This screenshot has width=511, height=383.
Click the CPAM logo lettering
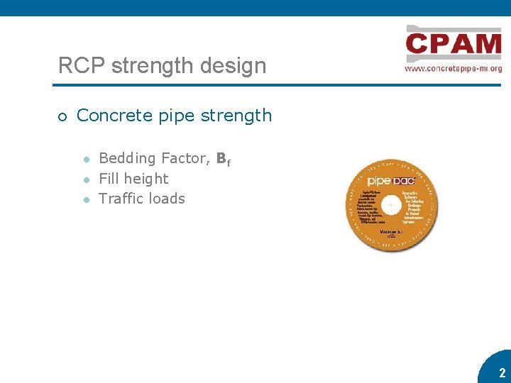coord(454,45)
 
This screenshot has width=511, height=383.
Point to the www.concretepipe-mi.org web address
coord(453,69)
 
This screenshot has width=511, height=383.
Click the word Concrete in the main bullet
coord(110,115)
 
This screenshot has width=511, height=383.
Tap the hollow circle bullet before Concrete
coord(62,116)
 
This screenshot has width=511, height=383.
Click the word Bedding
coord(128,158)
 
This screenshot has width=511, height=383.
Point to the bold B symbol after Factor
coord(221,158)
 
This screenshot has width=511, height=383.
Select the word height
coord(145,179)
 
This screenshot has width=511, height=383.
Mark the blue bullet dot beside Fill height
coord(85,179)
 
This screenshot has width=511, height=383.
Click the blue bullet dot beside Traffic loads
coord(85,199)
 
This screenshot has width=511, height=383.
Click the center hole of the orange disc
coord(391,204)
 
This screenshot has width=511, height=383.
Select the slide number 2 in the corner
coord(502,372)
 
